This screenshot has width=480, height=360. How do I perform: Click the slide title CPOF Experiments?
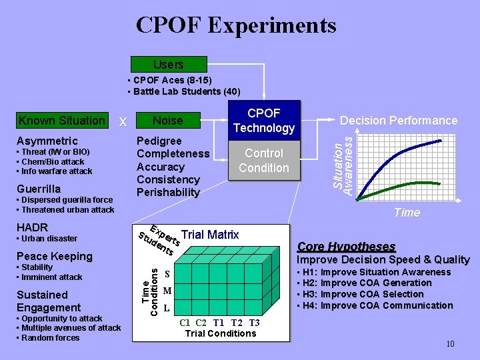click(236, 25)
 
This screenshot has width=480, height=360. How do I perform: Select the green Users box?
click(169, 65)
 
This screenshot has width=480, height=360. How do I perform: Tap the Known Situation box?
click(62, 121)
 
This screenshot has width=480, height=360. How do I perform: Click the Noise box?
click(167, 121)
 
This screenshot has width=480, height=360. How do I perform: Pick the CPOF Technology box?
click(264, 121)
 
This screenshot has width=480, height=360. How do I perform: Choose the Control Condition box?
click(264, 161)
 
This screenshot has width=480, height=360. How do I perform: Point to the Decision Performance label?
click(399, 121)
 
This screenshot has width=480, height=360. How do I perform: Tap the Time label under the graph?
click(407, 213)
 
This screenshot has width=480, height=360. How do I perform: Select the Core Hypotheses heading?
click(346, 246)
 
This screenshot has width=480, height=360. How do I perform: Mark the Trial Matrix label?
click(210, 235)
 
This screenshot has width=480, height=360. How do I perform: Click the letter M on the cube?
click(167, 291)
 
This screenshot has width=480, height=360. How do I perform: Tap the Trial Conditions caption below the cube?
click(220, 333)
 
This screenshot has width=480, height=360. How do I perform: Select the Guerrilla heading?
click(39, 189)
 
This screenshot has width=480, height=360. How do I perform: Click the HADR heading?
click(31, 227)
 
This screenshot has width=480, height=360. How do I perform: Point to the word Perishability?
click(167, 193)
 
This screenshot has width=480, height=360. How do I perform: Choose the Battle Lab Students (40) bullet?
click(187, 91)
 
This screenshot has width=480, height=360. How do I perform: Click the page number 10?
click(449, 344)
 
